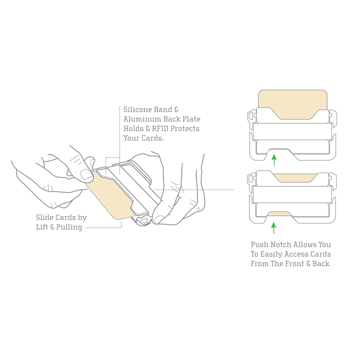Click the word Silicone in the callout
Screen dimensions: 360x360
[x=138, y=109]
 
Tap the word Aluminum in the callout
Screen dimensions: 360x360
[x=140, y=119]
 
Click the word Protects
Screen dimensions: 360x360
[x=185, y=129]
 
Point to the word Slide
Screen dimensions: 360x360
[x=45, y=217]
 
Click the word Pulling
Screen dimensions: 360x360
[x=69, y=227]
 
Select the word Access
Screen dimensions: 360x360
[x=295, y=254]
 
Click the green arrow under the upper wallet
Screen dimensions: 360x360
[x=274, y=160]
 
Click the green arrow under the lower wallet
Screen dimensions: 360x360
[x=274, y=228]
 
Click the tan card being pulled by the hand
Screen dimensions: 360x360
[x=110, y=198]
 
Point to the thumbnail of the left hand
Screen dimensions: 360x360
[x=86, y=175]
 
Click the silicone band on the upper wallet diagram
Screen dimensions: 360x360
[x=292, y=132]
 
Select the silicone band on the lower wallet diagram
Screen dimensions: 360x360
[x=292, y=195]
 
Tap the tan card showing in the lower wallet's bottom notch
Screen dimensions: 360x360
[x=279, y=214]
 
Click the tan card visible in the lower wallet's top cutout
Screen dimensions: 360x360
[x=295, y=178]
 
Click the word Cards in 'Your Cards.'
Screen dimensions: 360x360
[x=153, y=138]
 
